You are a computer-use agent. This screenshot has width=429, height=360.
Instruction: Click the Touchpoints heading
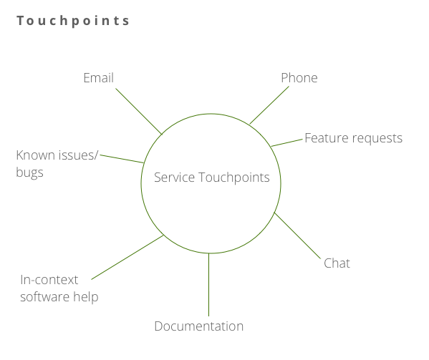[x=73, y=21]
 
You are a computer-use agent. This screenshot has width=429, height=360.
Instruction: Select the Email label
[x=99, y=78]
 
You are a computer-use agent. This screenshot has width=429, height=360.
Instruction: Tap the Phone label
[x=299, y=78]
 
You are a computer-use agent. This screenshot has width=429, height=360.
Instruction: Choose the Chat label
[x=337, y=263]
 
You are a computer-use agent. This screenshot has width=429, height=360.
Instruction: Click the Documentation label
[x=199, y=326]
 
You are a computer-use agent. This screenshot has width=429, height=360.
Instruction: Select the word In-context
[x=49, y=280]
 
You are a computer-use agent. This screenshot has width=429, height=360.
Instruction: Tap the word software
[x=45, y=297]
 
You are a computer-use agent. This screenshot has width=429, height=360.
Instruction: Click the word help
[x=86, y=298]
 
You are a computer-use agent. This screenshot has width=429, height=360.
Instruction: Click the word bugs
[x=29, y=173]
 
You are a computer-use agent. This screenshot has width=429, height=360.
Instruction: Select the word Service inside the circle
[x=174, y=177]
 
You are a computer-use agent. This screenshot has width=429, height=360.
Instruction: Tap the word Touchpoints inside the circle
[x=234, y=178]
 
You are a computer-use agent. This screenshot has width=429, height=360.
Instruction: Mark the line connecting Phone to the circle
[x=269, y=105]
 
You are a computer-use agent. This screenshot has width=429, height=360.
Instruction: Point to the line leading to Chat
[x=297, y=235]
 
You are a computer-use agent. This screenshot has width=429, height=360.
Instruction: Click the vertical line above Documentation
[x=208, y=285]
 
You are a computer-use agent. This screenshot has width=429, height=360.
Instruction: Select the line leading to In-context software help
[x=127, y=257]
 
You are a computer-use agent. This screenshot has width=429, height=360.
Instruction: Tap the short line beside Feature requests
[x=286, y=142]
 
